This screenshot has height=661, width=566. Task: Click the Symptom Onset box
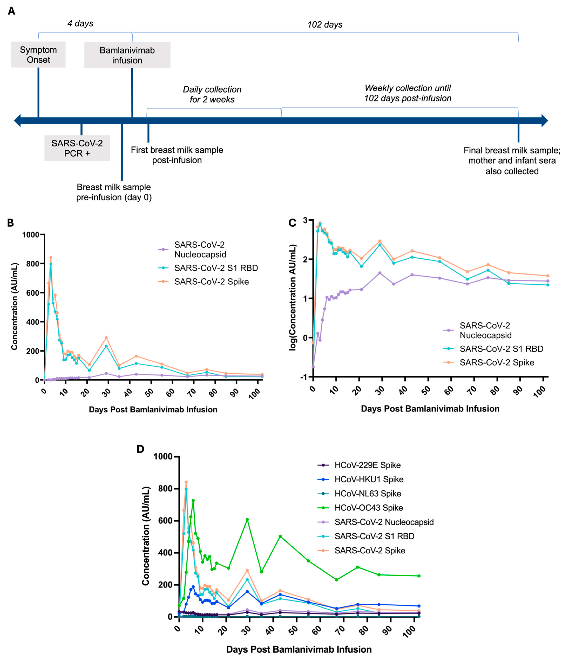[38, 55]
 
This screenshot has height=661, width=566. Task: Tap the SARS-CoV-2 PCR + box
[77, 148]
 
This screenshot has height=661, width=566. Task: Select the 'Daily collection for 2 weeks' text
[212, 95]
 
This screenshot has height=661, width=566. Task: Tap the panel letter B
[11, 223]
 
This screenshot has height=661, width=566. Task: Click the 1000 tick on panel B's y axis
[31, 235]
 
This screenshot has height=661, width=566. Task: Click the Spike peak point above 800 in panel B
[51, 257]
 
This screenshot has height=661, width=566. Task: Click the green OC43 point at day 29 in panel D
[247, 520]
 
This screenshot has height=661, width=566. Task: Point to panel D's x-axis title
[299, 649]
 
